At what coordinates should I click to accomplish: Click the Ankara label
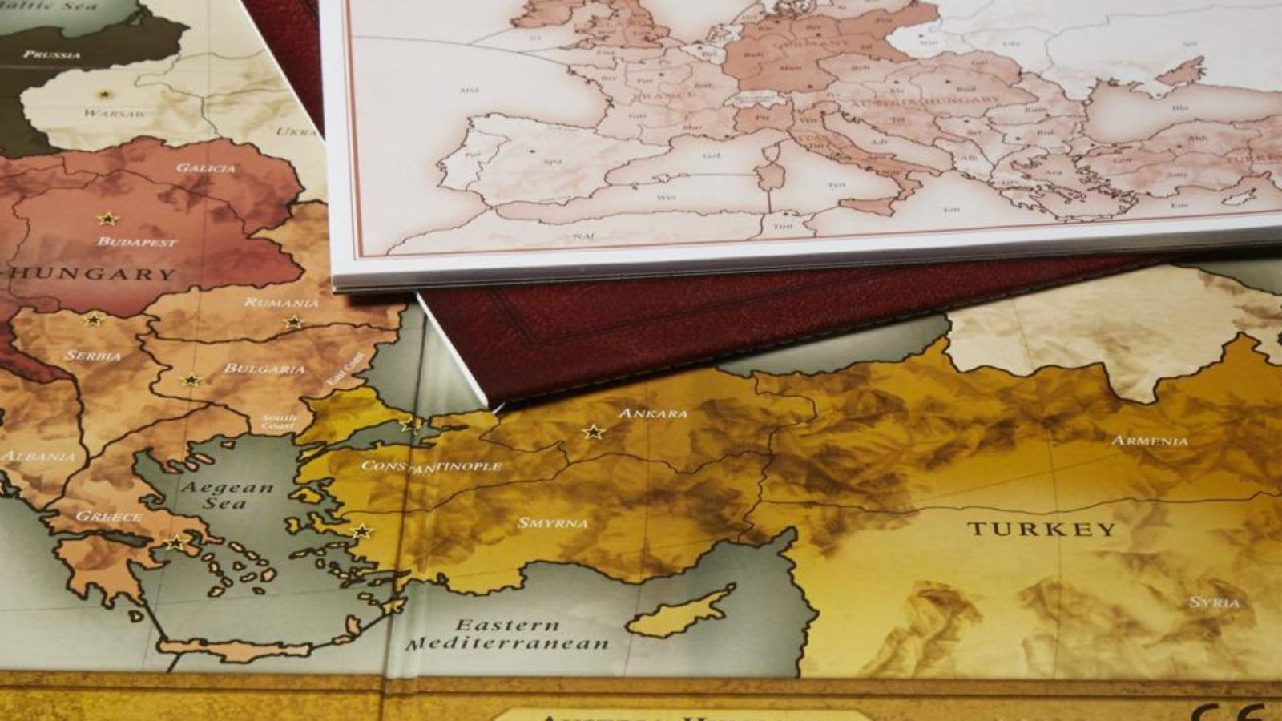[653, 413]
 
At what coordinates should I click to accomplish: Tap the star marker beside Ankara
[593, 432]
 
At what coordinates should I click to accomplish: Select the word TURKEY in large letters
[1042, 529]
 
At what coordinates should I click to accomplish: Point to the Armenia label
[1150, 441]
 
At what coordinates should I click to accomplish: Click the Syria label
[1215, 602]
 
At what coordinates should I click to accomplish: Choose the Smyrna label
[553, 523]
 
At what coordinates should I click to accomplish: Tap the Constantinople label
[431, 466]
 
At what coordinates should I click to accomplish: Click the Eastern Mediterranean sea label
[507, 634]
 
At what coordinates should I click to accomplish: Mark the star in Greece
[175, 543]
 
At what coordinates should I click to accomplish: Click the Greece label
[109, 517]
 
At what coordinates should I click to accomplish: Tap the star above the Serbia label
[94, 320]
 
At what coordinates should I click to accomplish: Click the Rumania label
[281, 303]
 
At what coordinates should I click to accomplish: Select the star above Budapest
[107, 219]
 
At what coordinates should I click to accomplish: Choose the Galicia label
[206, 168]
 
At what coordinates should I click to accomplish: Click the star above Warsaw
[103, 94]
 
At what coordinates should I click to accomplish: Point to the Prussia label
[52, 54]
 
